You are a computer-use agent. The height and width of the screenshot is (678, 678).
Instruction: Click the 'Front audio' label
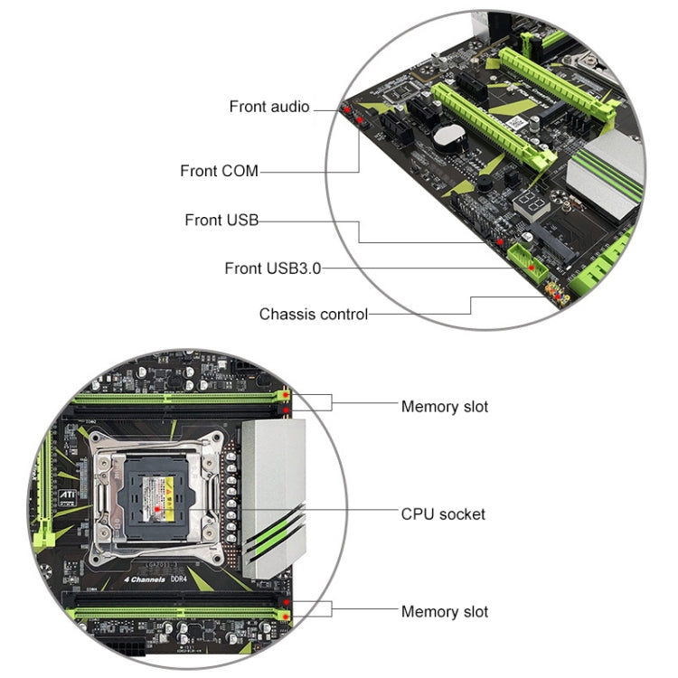click(268, 107)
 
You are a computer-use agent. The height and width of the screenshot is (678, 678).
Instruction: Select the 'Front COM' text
click(219, 171)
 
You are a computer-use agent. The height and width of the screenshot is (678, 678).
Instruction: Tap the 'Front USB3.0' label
click(272, 268)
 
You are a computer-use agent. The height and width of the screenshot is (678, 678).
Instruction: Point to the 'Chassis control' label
click(313, 315)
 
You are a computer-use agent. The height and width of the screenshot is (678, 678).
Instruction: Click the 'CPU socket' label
click(442, 514)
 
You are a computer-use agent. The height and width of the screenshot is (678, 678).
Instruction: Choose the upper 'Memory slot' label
click(444, 407)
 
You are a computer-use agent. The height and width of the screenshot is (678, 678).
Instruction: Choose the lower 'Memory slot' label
click(444, 612)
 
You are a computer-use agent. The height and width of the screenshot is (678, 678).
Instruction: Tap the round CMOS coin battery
click(446, 137)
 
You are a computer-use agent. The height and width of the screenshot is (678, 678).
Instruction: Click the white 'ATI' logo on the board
click(68, 522)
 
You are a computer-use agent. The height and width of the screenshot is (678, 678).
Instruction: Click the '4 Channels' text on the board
click(145, 579)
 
